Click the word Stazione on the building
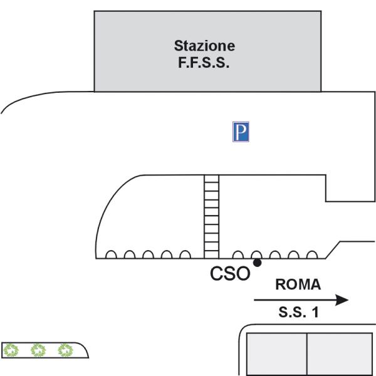point(204,46)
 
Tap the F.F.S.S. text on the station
point(204,62)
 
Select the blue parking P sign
point(241,132)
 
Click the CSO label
point(230,274)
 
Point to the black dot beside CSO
point(257,263)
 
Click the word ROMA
point(298,285)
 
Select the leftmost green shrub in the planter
point(12,350)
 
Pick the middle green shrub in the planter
point(39,350)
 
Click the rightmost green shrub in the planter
point(65,350)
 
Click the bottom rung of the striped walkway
point(212,253)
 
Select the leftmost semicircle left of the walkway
point(111,255)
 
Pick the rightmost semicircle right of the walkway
point(311,255)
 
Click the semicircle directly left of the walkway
point(185,255)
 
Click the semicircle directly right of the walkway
point(238,255)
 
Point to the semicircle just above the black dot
point(256,255)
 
